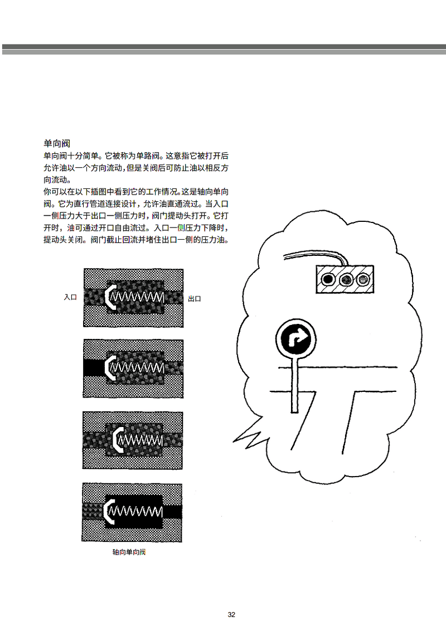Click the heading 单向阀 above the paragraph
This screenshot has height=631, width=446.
[x=57, y=144]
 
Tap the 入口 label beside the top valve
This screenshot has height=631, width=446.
[x=70, y=298]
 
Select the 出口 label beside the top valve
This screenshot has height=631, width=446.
[x=195, y=299]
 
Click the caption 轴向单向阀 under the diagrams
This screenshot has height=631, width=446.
[x=129, y=552]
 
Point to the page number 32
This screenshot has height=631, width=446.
[x=231, y=614]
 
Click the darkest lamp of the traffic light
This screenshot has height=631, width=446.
[x=328, y=279]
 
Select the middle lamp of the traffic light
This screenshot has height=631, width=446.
[x=346, y=279]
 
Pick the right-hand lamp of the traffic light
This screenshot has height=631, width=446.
[x=363, y=279]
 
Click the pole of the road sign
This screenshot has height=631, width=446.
[x=295, y=385]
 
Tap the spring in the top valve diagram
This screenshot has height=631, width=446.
[x=137, y=298]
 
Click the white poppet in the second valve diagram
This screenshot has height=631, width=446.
[x=111, y=367]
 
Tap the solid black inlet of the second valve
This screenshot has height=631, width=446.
[x=95, y=367]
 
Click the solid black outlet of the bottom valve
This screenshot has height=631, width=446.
[x=172, y=512]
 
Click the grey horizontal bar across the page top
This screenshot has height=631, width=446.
[x=224, y=50]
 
